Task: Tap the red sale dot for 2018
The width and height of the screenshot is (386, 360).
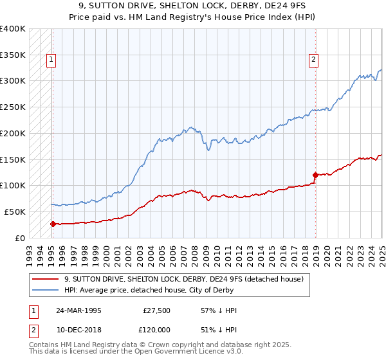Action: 316,174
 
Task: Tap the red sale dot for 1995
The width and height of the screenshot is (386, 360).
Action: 53,223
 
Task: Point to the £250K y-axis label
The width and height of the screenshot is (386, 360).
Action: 13,107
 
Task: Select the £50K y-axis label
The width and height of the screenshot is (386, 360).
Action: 15,212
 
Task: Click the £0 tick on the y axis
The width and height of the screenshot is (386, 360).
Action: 20,238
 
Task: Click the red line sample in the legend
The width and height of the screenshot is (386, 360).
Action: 45,279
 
